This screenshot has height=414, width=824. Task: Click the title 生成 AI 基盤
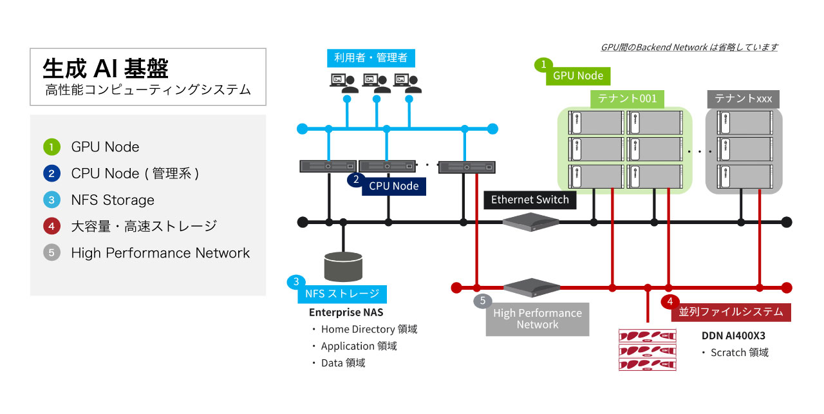[106, 68]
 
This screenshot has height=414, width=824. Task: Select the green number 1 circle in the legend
[51, 147]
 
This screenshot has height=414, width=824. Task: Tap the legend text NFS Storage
[113, 200]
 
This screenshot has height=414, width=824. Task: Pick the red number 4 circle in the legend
[51, 226]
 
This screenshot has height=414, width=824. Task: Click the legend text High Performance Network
[160, 253]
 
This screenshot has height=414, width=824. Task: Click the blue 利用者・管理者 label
[371, 58]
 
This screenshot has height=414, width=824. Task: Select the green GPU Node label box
[578, 76]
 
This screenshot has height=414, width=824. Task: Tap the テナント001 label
[627, 99]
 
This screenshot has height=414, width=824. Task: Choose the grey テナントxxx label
[744, 99]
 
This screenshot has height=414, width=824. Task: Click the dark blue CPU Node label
[393, 186]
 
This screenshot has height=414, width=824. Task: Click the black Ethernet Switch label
[530, 200]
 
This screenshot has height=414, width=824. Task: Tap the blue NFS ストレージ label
[342, 295]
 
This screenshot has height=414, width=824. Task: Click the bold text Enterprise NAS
[346, 312]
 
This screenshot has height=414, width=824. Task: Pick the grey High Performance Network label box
[538, 319]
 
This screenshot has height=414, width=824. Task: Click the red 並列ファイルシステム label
[731, 312]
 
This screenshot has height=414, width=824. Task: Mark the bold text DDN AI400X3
[733, 335]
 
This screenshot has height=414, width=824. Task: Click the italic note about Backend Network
[689, 47]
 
